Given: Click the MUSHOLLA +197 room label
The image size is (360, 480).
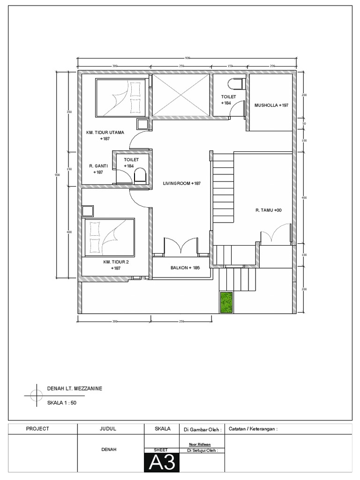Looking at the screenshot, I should coord(271,105).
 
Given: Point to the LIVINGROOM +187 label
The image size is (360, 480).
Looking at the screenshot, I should coord(182,183).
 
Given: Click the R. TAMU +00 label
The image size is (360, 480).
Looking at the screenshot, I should coord(269,210).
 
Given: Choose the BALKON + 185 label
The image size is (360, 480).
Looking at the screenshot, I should coord(182,268).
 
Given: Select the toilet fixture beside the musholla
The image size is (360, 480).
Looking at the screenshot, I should coord(236,84).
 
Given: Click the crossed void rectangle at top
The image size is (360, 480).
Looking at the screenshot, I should coord(181,95).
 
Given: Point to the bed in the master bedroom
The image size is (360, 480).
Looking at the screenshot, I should coord(121,97).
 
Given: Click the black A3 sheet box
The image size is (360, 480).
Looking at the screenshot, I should coord(162,463).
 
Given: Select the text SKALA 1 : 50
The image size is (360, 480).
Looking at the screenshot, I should coord(61,403).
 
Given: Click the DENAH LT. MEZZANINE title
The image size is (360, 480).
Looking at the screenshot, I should coord(75,389).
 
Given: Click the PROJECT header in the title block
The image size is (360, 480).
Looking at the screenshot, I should coord(37,428).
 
